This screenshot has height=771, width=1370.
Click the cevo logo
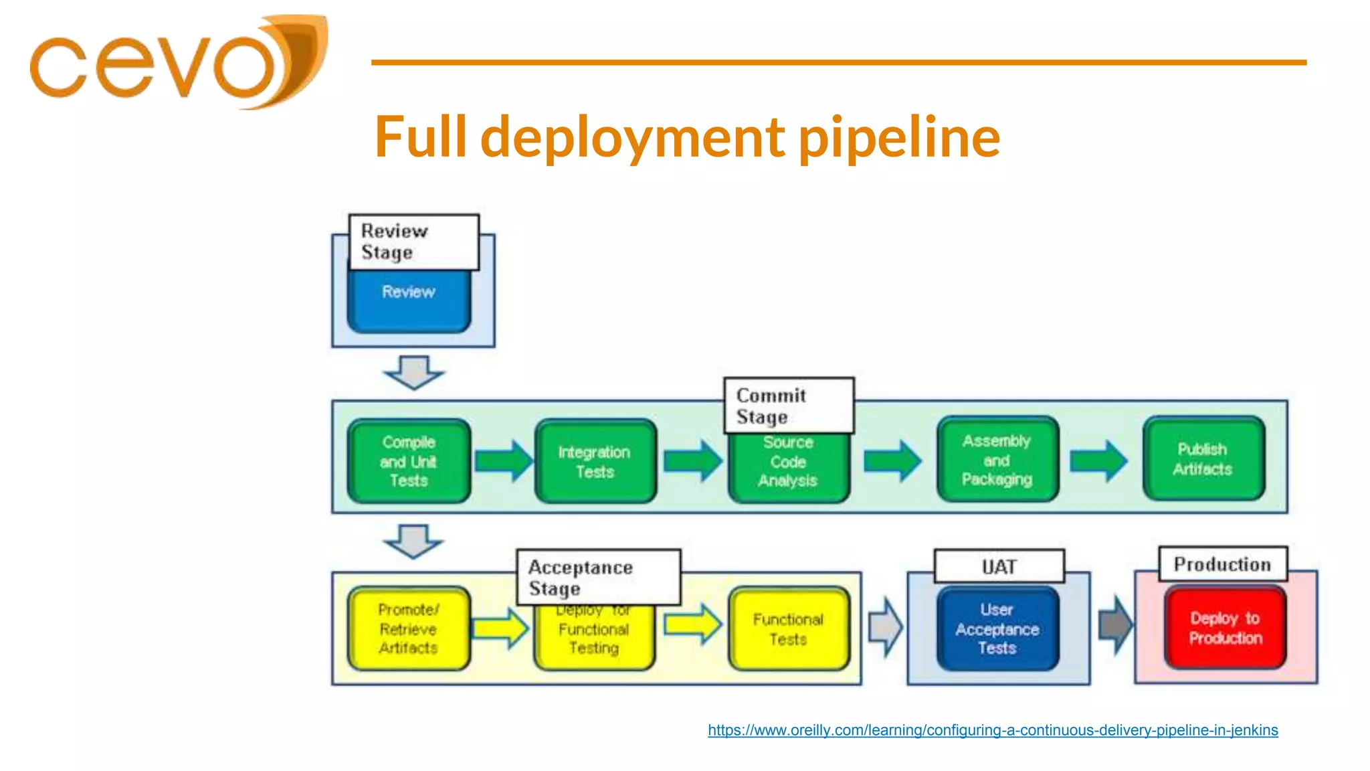[177, 64]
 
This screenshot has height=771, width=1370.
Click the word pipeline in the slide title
[899, 138]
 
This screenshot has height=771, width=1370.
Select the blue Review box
[409, 301]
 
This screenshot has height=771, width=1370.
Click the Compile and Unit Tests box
[409, 461]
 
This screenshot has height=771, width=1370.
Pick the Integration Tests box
[595, 461]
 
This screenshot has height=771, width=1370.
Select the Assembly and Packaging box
[997, 460]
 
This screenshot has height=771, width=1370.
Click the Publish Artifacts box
[1203, 459]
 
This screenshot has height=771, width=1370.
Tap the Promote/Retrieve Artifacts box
[409, 628]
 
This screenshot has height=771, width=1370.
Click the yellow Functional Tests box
[789, 628]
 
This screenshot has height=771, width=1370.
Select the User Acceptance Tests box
[997, 628]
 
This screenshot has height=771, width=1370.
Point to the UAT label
[999, 567]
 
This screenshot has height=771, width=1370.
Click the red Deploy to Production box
[1225, 628]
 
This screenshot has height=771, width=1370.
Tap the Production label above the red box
[1222, 564]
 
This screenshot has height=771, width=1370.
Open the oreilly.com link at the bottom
[993, 730]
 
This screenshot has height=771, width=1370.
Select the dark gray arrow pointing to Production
[1115, 626]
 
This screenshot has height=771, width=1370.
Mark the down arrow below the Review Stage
[413, 372]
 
